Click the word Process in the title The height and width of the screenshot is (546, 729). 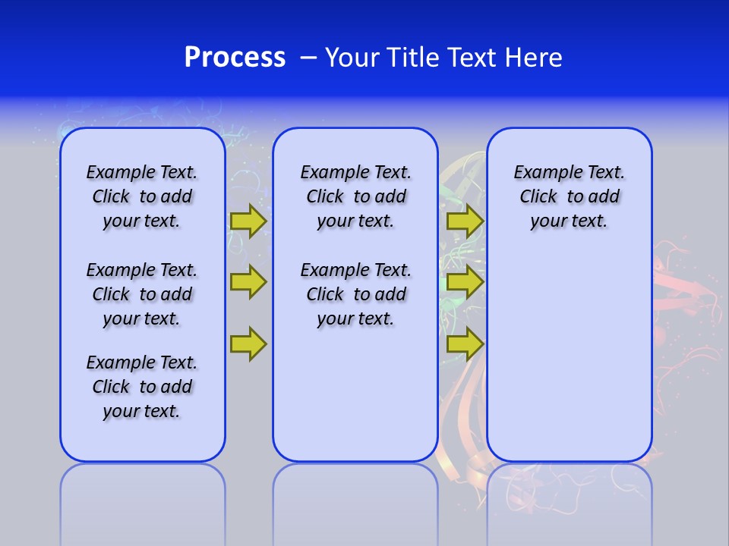click(235, 57)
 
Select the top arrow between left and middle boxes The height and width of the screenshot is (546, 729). click(248, 221)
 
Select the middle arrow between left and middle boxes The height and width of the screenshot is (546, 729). click(248, 282)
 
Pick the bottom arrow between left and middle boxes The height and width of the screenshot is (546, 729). click(248, 344)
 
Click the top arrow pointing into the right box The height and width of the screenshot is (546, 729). click(465, 221)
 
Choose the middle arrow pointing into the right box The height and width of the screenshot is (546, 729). click(465, 282)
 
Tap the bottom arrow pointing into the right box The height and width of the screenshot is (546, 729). click(465, 344)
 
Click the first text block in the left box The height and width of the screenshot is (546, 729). click(142, 196)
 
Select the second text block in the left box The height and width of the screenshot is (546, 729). click(142, 294)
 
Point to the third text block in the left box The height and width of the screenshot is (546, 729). click(142, 387)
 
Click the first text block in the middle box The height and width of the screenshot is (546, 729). click(355, 196)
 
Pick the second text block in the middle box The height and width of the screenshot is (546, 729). click(355, 294)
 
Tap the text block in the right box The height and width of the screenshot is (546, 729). click(569, 196)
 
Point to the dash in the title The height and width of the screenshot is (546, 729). click(308, 58)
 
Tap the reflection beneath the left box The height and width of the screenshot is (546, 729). click(142, 493)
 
